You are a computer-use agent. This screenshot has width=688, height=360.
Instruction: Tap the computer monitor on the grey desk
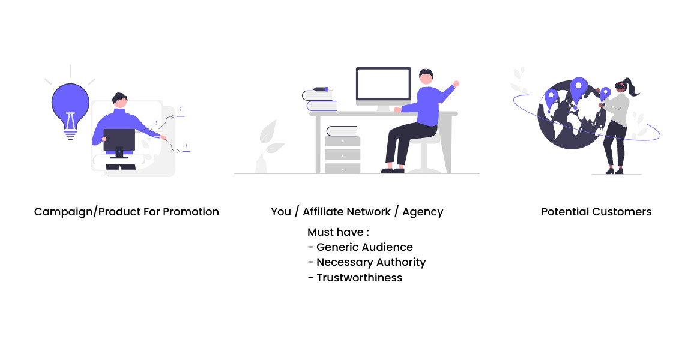[x=383, y=83]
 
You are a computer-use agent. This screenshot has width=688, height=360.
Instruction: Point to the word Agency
[x=423, y=212]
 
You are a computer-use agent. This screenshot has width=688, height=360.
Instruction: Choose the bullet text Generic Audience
[x=364, y=247]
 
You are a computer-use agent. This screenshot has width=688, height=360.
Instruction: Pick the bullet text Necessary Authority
[x=371, y=262]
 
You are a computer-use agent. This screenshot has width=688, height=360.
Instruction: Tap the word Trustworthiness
[x=359, y=278]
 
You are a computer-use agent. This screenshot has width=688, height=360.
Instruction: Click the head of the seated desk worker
[x=426, y=77]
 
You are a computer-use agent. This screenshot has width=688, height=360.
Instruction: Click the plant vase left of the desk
[x=261, y=163]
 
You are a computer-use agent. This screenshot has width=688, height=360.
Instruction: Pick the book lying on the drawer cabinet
[x=342, y=131]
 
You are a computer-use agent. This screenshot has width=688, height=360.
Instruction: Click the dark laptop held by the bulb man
[x=119, y=140]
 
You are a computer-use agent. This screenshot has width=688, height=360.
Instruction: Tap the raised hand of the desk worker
[x=456, y=83]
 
